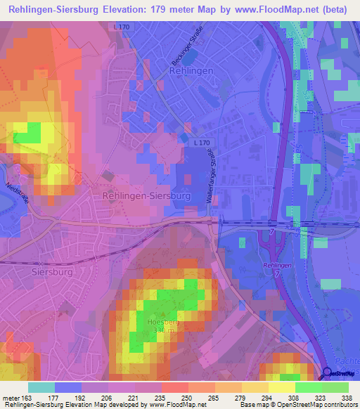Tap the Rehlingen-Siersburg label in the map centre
pos(147,197)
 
